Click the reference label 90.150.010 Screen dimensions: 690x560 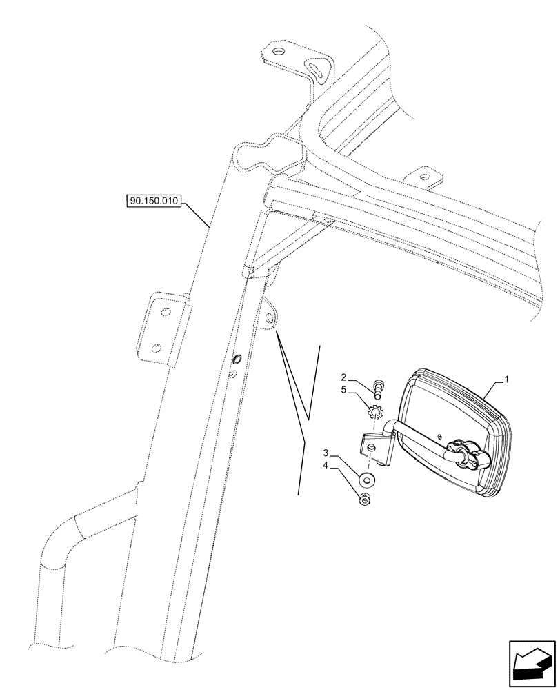point(153,201)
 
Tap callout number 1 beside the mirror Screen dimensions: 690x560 point(506,379)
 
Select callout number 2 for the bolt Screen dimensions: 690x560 point(343,377)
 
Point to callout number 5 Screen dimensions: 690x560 point(343,390)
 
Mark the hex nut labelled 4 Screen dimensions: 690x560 point(365,500)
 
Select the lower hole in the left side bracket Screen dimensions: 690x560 point(156,347)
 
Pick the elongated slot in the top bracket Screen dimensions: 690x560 point(319,68)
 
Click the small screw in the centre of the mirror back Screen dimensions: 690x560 point(439,436)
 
